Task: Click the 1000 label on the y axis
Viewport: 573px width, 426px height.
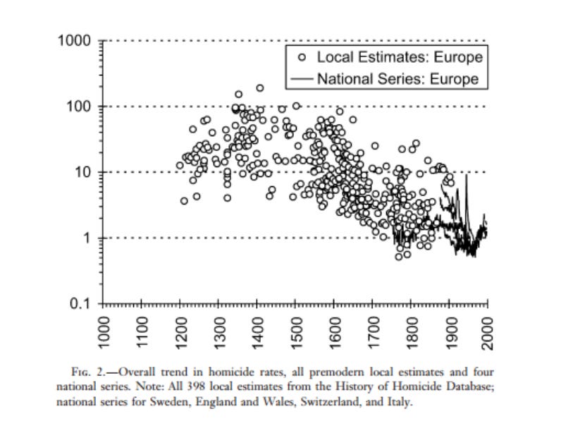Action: [x=74, y=40]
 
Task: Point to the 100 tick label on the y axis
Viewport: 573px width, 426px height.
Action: [x=78, y=107]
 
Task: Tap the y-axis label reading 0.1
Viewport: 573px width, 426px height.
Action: [x=80, y=303]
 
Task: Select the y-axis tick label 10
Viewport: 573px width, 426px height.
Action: [x=82, y=172]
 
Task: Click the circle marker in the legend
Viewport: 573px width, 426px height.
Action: [x=302, y=57]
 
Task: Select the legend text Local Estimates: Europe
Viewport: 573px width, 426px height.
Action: [x=400, y=57]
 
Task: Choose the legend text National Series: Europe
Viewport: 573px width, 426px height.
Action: [x=398, y=78]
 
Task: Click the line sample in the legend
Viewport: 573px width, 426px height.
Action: [x=302, y=78]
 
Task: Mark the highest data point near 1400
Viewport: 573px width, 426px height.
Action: [x=260, y=87]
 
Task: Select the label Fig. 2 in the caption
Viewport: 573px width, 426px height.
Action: [x=87, y=372]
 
